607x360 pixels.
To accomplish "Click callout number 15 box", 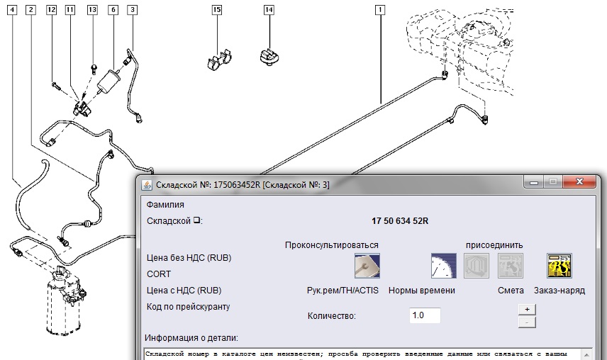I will tap(217, 10).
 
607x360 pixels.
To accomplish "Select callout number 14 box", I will tap(269, 10).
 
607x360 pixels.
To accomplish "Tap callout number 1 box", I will tap(381, 10).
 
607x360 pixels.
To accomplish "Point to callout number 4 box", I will tap(13, 10).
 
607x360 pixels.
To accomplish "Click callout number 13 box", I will tap(93, 10).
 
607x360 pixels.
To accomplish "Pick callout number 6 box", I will tap(113, 10).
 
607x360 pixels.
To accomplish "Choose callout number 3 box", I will tap(133, 10).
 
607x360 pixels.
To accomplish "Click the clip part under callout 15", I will tap(218, 60).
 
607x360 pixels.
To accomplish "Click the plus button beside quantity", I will tap(526, 309).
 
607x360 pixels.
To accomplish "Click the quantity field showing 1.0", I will tap(425, 315).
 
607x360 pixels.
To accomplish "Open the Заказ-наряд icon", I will tap(559, 266).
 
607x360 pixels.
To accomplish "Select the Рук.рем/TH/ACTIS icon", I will tap(367, 266).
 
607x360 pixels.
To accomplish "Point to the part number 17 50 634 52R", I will tap(400, 221).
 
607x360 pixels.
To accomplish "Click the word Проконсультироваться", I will tap(331, 245).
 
